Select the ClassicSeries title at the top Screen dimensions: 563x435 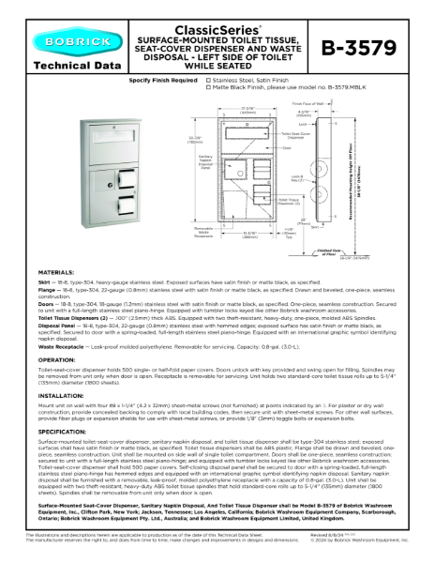coord(218,16)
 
